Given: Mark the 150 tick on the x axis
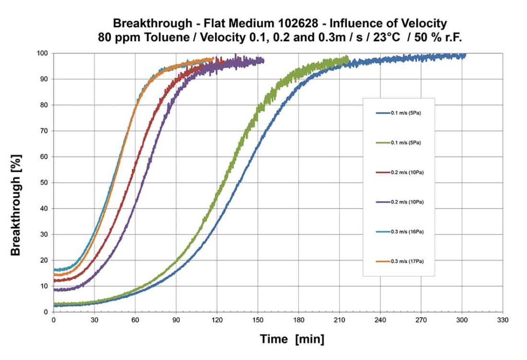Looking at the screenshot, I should [x=258, y=320].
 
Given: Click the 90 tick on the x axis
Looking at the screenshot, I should [x=176, y=320].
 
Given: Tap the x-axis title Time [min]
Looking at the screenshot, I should [x=292, y=339].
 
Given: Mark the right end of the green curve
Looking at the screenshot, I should [x=348, y=58].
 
